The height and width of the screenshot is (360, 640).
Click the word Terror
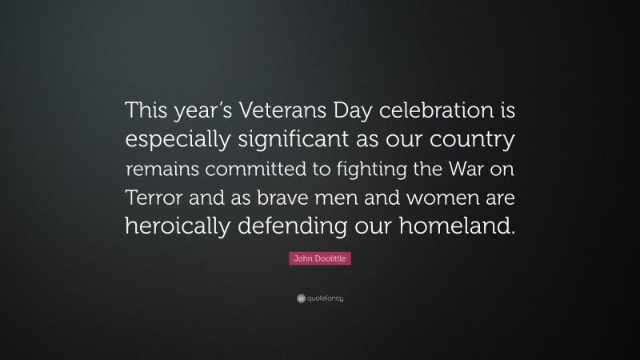150,200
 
